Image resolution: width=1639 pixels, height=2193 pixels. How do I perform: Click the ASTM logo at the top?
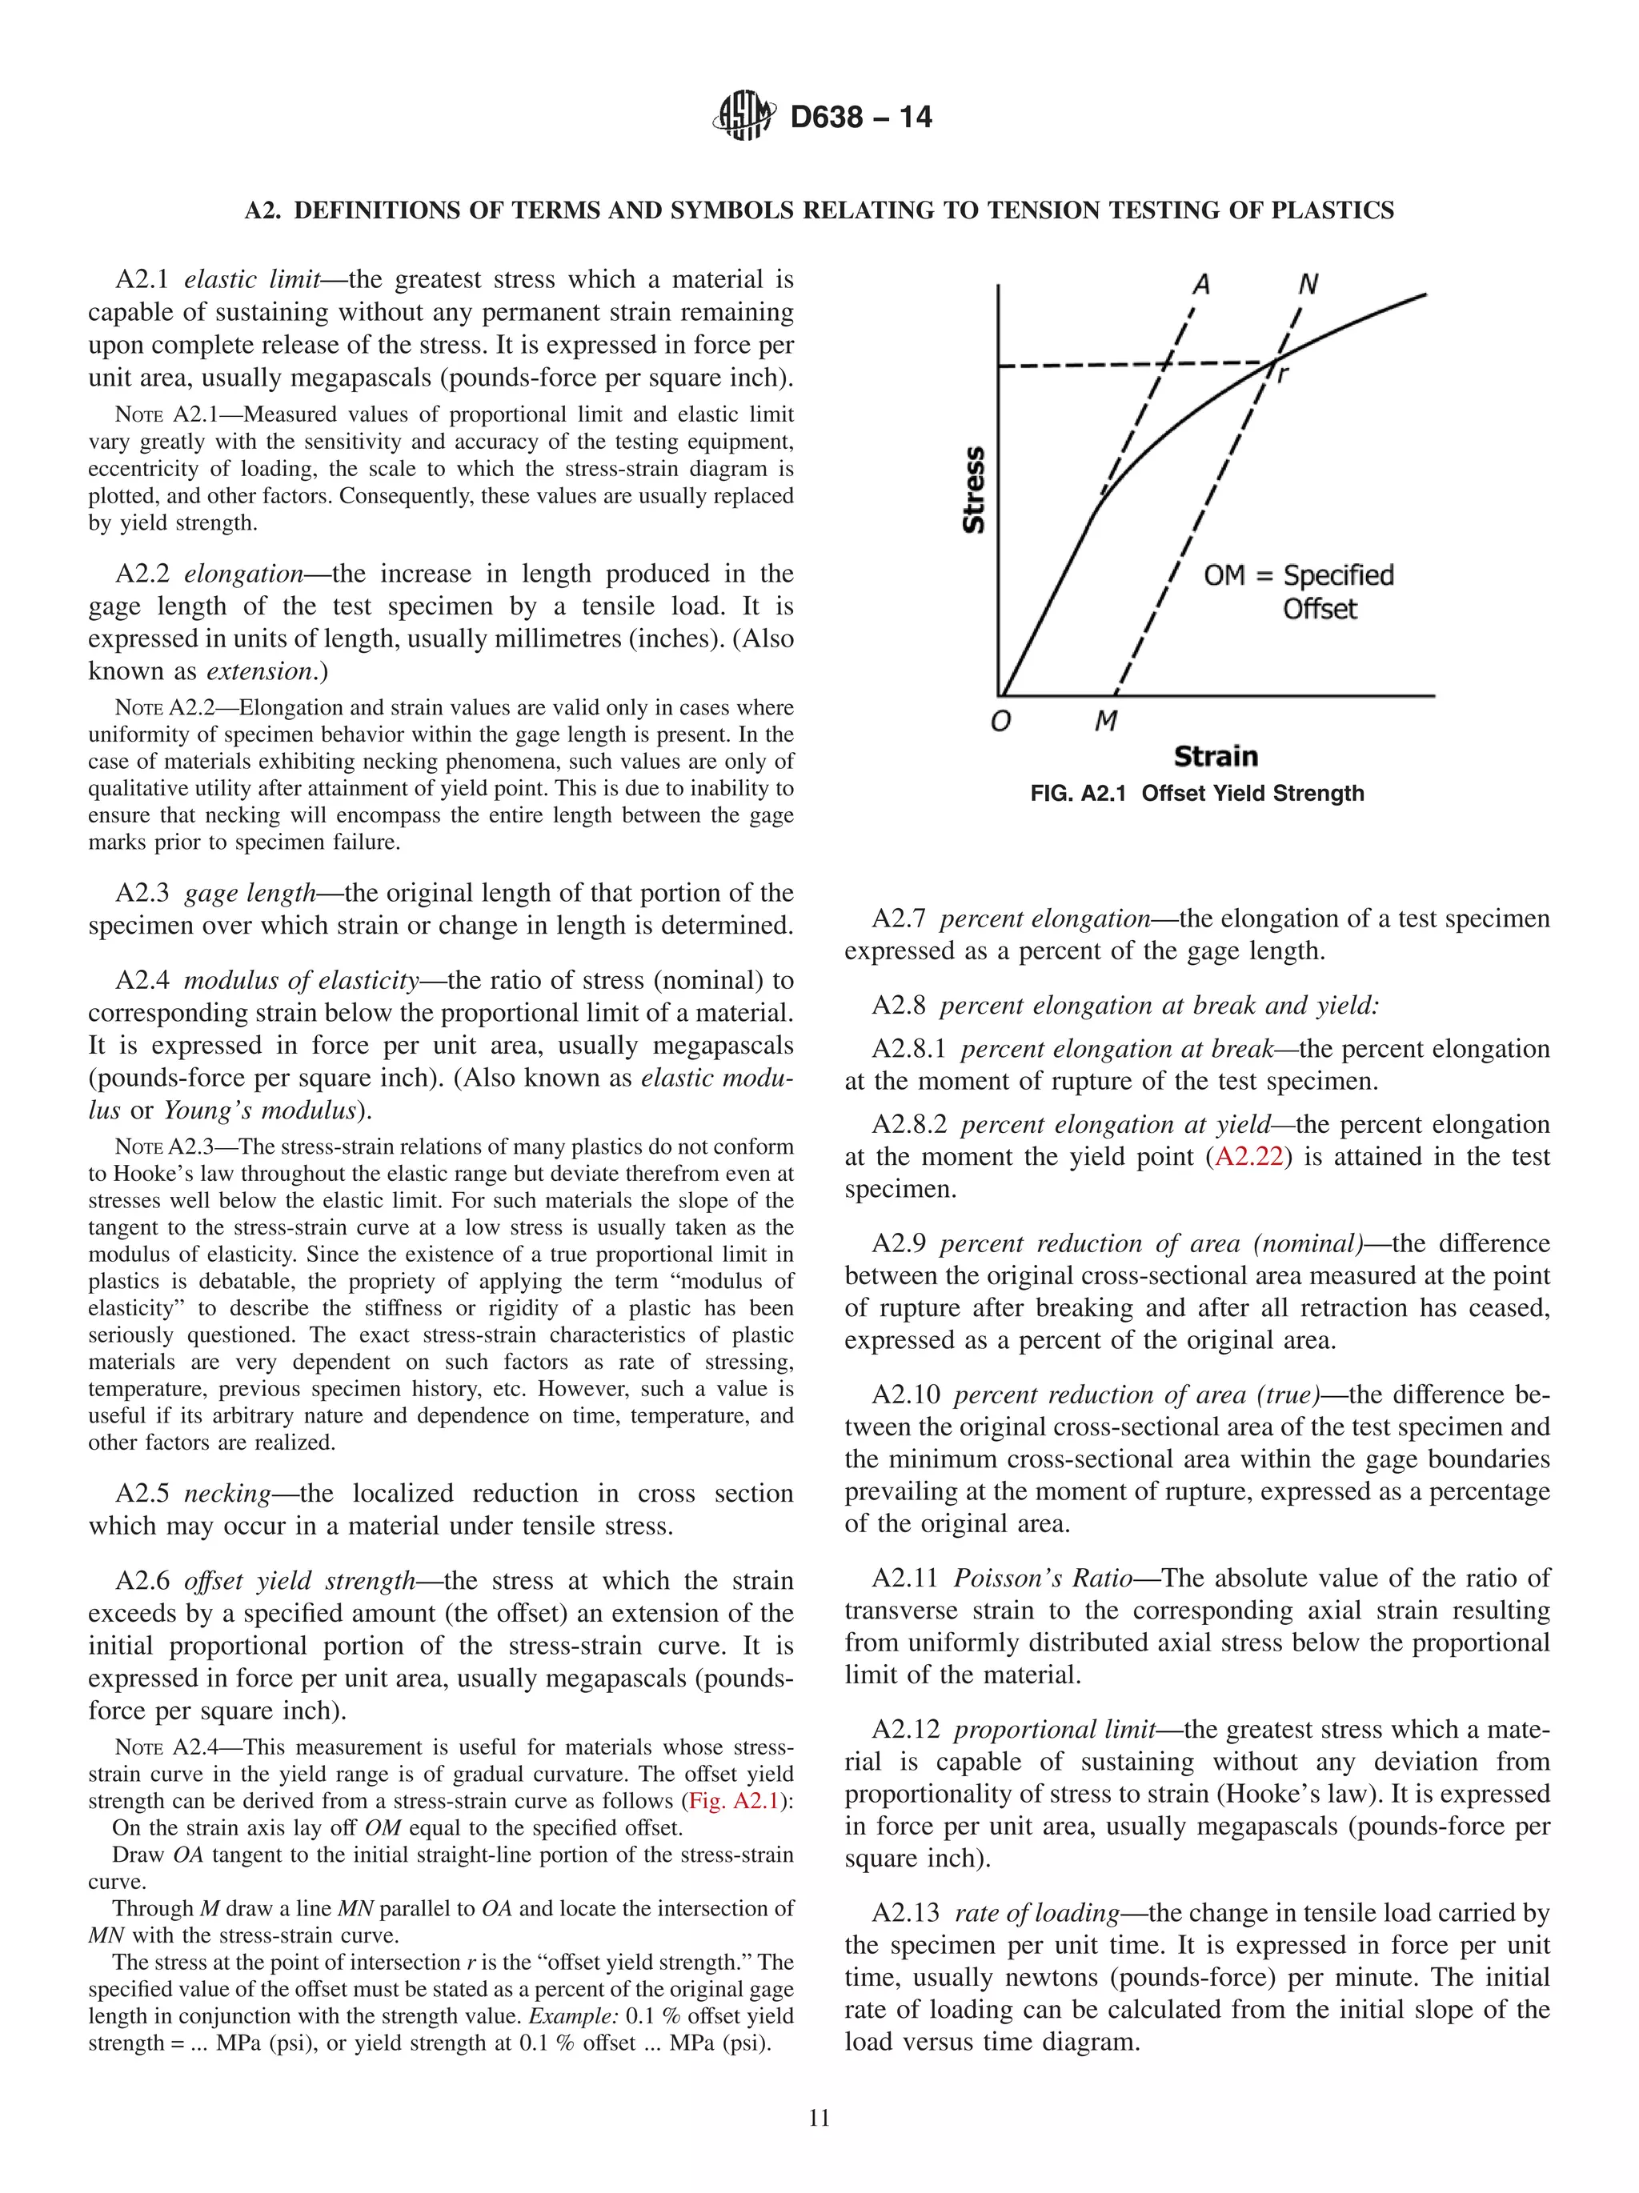pos(743,116)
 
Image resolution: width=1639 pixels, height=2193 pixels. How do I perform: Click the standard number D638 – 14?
pos(860,117)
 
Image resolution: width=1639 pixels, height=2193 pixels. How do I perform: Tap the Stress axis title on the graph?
pos(974,490)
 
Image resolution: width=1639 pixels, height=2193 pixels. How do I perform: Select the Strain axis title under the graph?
pos(1215,756)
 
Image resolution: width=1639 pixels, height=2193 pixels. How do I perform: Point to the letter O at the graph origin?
pos(1000,721)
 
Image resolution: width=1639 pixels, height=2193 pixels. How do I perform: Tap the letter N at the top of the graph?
pos(1307,285)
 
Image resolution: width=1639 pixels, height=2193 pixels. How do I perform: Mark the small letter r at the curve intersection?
pos(1283,374)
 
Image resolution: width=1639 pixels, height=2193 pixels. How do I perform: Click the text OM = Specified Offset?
pos(1298,591)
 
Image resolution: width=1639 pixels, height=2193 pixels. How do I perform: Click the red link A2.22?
pos(1248,1156)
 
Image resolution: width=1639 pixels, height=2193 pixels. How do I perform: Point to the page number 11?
pos(819,2118)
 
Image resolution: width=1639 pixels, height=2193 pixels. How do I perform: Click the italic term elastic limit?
pos(252,279)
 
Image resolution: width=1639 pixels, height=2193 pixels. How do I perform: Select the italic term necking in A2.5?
pos(227,1493)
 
